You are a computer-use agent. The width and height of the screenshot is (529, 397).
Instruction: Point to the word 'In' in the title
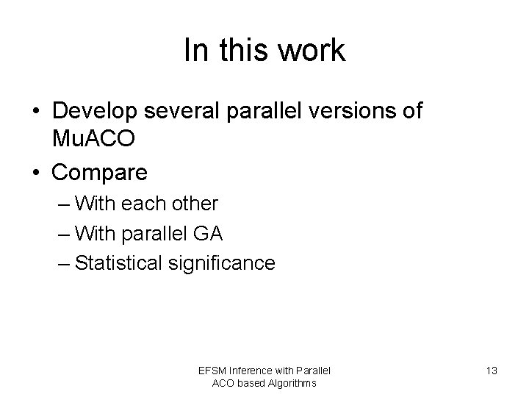[195, 51]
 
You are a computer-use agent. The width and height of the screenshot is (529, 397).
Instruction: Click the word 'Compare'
[100, 174]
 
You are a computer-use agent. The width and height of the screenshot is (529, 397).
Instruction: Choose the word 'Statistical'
[122, 263]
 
